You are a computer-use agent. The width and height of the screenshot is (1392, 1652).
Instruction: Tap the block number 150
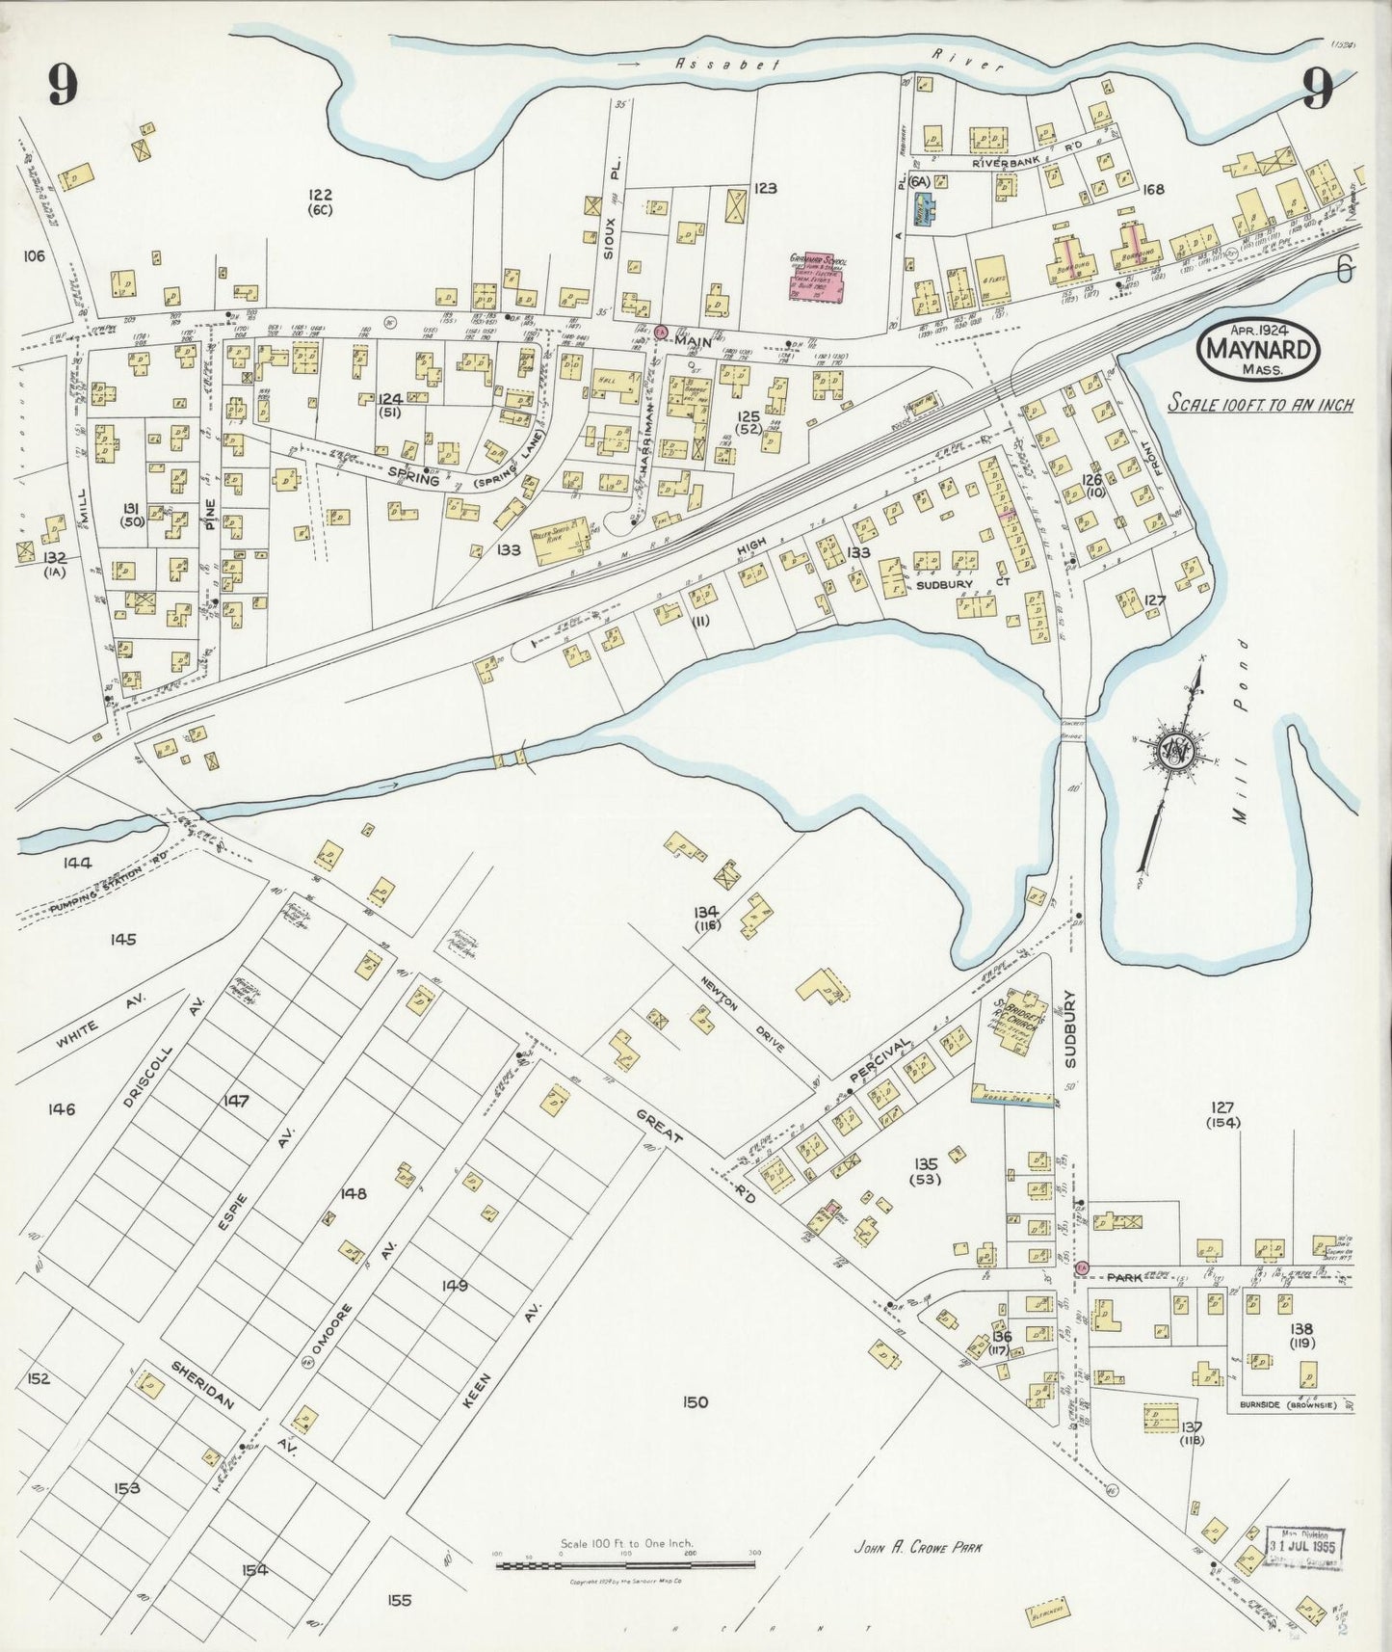coord(695,1401)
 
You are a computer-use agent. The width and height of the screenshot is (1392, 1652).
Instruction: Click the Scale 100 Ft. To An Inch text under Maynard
coord(1260,404)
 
